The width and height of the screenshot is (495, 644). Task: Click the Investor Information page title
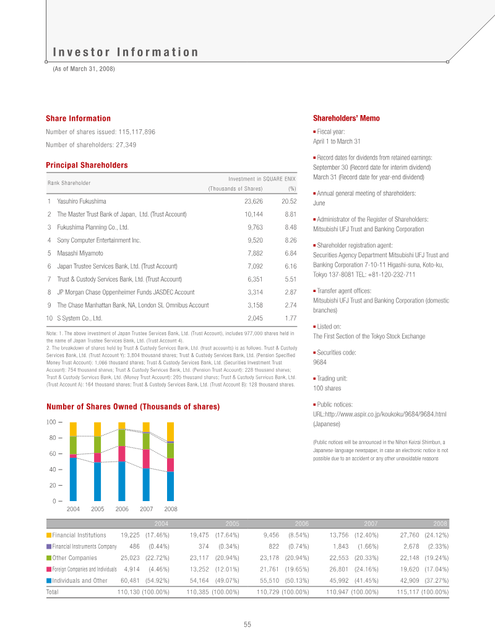coord(126,53)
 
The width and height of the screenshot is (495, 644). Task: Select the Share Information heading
coord(78,118)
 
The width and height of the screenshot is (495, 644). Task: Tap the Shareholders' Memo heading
coord(346,118)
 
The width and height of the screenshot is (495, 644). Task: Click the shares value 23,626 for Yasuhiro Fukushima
coord(254,201)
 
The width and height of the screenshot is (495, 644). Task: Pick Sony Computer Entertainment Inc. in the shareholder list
coord(99,240)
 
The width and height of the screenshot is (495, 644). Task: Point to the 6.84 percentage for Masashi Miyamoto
coord(290,253)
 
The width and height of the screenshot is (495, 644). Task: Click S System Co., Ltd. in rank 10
coord(79,318)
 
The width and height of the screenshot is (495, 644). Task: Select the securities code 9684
coord(320,363)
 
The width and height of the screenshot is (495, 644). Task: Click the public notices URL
coord(380,413)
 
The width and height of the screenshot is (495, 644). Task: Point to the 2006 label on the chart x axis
coord(122,509)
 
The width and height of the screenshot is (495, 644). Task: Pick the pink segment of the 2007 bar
coord(146,458)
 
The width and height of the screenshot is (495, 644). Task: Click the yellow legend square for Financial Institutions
coord(49,535)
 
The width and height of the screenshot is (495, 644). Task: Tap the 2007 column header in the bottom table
coord(371,523)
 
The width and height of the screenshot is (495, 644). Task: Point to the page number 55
coord(247,625)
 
